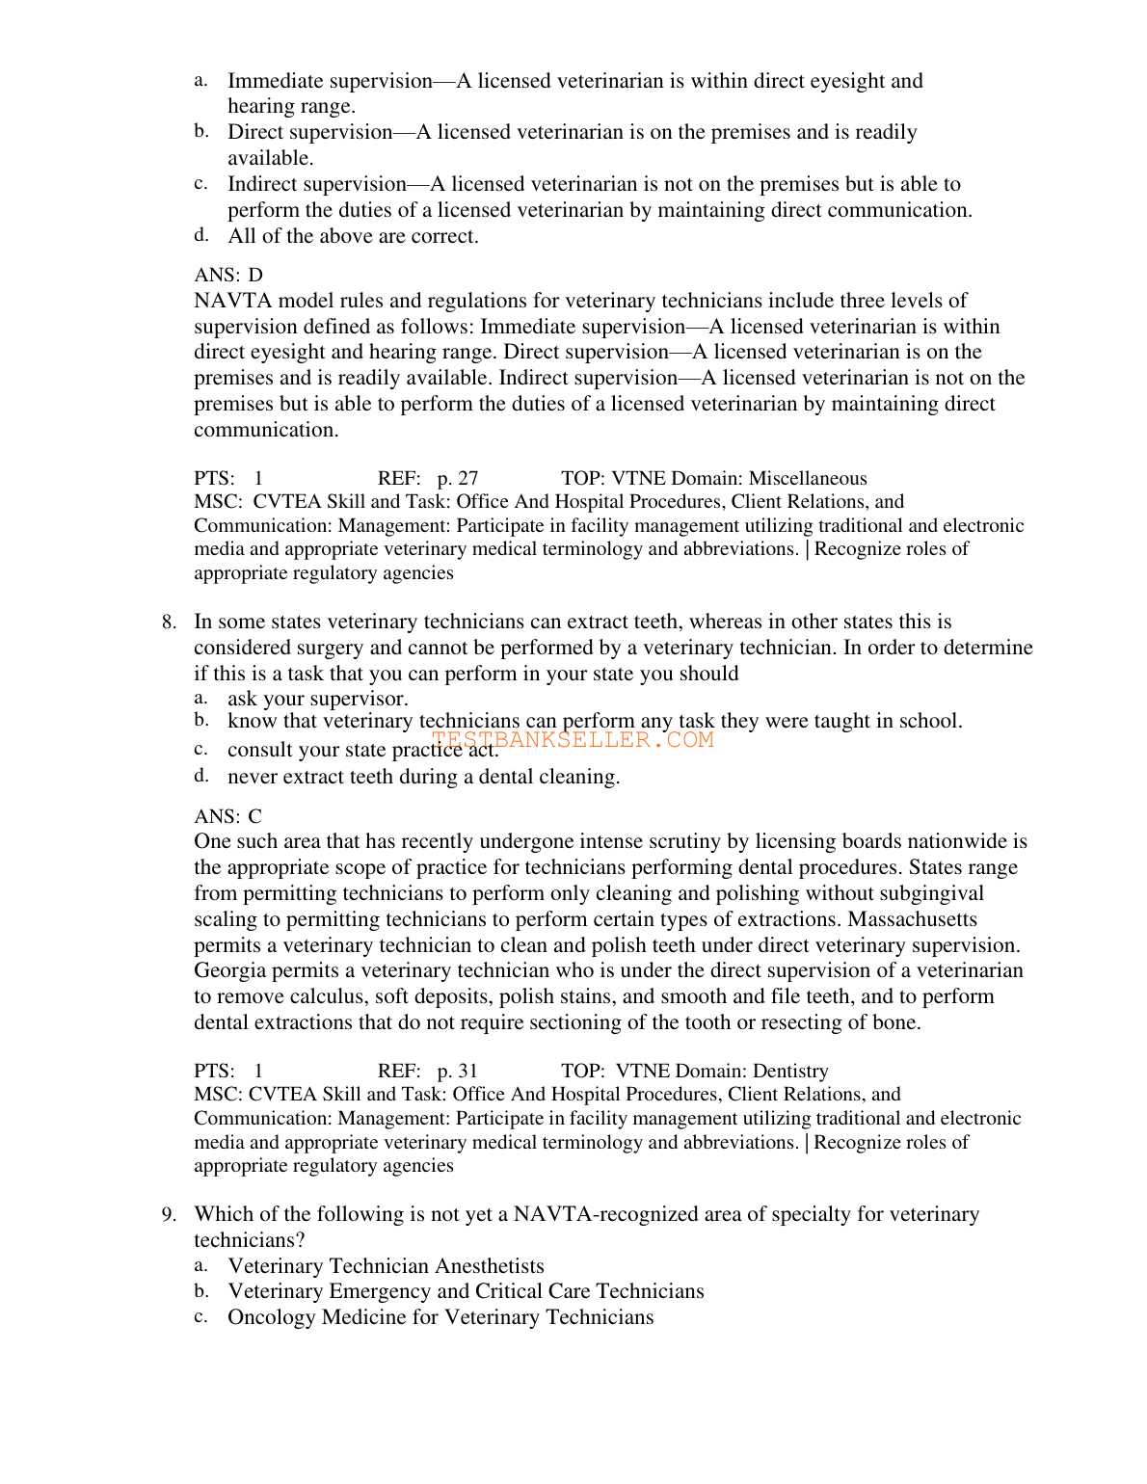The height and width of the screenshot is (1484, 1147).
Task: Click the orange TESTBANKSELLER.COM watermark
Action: [573, 740]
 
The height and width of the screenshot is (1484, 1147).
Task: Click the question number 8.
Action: [169, 623]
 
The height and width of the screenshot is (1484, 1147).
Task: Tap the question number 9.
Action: [169, 1214]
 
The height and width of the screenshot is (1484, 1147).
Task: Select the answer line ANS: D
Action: [228, 276]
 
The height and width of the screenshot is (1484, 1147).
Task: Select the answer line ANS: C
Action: [228, 816]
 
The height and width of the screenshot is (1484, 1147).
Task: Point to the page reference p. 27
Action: [458, 479]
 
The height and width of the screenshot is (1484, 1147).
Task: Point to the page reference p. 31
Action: [458, 1072]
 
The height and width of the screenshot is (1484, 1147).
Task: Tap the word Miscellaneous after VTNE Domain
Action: [808, 479]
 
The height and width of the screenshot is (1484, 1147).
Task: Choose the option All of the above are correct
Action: [353, 237]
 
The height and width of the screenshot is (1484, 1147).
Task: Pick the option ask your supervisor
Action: [318, 699]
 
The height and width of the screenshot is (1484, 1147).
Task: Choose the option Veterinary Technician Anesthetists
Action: [386, 1266]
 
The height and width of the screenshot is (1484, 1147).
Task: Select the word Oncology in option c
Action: [272, 1317]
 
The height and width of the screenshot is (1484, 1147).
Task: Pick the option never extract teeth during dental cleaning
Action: [424, 777]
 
